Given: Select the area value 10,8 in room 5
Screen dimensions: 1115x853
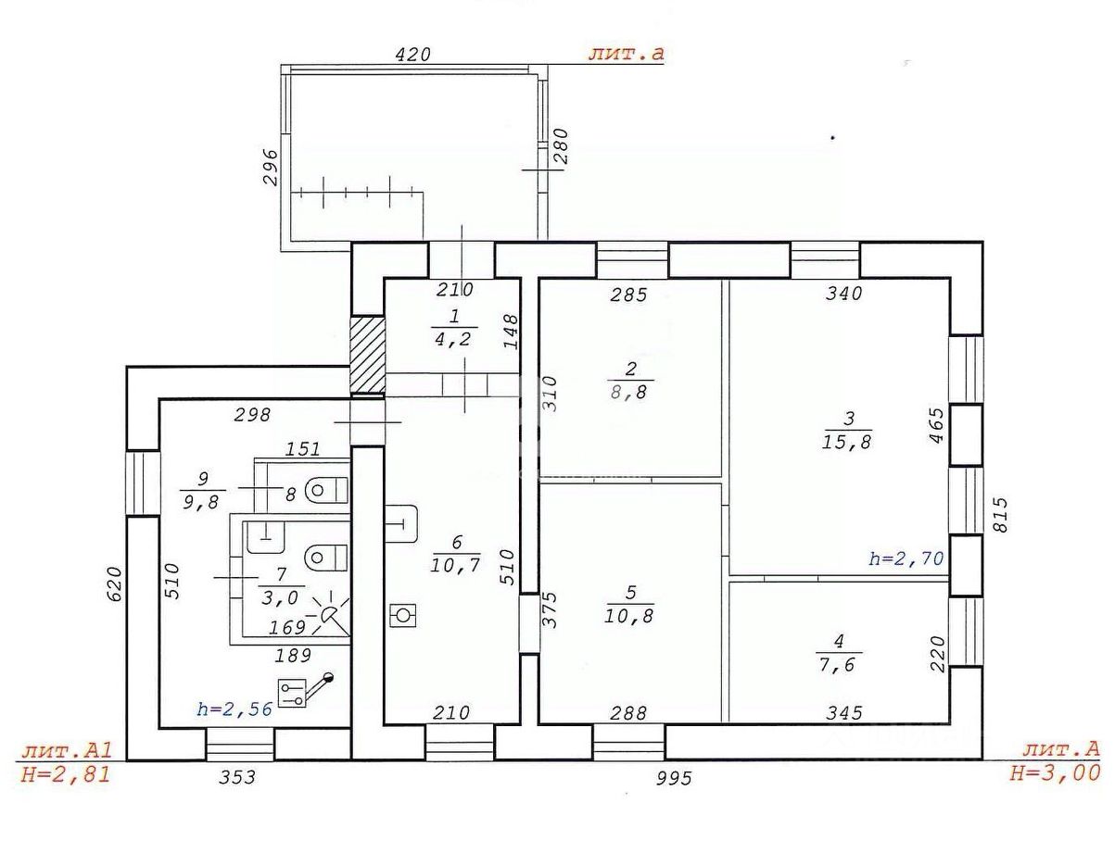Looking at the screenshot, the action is tap(630, 614).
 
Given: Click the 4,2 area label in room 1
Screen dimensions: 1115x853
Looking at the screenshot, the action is tap(451, 339).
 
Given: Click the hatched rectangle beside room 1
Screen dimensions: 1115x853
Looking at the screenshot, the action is tap(366, 355).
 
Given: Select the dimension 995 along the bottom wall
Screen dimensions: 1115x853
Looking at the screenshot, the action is tap(674, 778).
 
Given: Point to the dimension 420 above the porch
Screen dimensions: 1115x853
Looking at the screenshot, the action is tap(412, 55).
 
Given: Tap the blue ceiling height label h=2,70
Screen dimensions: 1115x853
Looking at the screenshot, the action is tap(906, 558).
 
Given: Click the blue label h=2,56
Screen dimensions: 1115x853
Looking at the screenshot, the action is tap(234, 709).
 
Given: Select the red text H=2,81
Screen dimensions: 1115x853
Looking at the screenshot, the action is tap(65, 773).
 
